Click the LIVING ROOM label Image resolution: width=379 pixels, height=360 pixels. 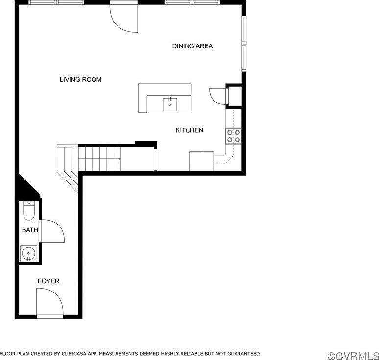coord(80,79)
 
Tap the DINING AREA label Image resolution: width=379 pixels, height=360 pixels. coord(192,46)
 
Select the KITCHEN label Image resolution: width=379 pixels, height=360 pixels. coord(189,130)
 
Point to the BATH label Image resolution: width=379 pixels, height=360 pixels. coord(29,230)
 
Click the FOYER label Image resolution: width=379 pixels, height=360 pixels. coord(48,281)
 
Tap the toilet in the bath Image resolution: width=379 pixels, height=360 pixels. coord(29,211)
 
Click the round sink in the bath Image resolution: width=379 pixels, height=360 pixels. coord(28,254)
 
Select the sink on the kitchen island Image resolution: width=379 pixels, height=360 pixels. coord(169,103)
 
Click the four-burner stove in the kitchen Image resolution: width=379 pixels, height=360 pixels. coord(234,135)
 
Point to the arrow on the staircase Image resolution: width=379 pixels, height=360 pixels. coord(119,159)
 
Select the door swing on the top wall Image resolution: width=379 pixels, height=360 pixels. coord(123,17)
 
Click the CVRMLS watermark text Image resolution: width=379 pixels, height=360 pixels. coord(353,355)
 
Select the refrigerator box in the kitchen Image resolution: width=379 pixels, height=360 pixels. coord(202,161)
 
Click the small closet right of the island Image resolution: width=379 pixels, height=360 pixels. coord(234,95)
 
